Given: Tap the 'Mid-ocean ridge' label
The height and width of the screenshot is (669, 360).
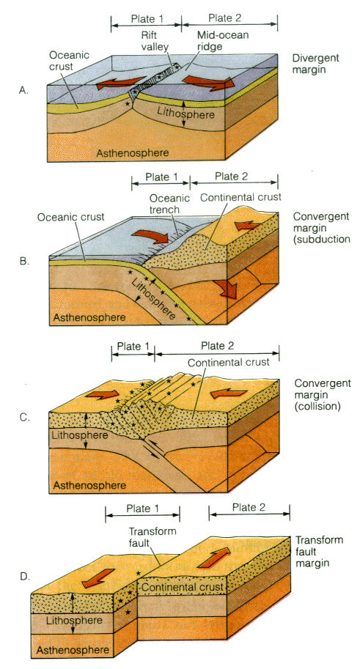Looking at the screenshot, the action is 217,41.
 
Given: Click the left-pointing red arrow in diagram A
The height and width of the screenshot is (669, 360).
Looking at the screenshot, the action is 118,83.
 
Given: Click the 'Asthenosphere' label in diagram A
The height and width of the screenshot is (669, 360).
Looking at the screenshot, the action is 133,152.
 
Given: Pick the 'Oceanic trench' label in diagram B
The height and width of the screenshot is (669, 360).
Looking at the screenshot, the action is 170,204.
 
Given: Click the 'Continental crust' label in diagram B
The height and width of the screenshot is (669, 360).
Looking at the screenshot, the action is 240,198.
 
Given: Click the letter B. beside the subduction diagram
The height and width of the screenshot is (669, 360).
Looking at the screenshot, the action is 24,261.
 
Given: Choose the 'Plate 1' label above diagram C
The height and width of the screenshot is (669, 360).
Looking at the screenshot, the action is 133,346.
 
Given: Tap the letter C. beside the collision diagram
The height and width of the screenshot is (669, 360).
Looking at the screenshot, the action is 24,417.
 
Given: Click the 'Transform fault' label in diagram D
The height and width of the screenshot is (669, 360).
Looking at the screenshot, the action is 153,536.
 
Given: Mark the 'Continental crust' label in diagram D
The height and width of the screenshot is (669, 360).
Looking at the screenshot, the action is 183,587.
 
